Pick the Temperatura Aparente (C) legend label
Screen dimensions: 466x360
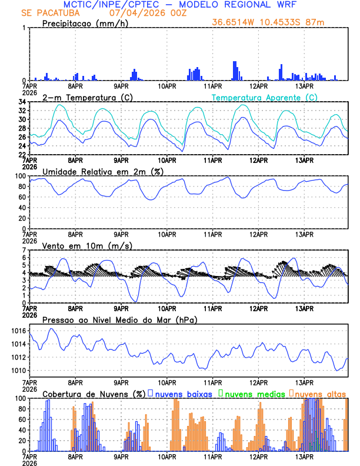tap(265, 97)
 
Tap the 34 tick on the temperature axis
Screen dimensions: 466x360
tap(21, 102)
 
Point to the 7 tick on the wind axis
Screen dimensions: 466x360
tap(24, 250)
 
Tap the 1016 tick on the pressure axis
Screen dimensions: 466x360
tap(18, 331)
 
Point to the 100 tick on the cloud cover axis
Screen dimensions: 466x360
tap(19, 398)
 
